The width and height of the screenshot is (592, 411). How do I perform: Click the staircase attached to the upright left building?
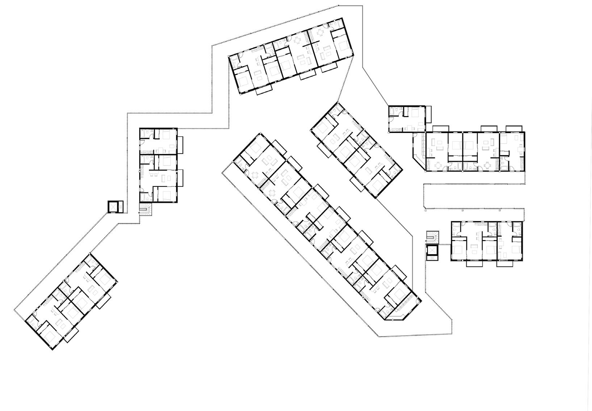[x=147, y=209]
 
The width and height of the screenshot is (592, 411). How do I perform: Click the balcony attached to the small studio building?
[x=428, y=114]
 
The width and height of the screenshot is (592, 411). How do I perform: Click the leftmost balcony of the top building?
[x=264, y=91]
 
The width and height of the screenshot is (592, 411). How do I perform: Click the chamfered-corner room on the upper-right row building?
[x=419, y=151]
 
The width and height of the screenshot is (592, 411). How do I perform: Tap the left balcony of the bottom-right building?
[x=475, y=264]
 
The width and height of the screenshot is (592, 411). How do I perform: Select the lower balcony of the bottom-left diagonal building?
[x=71, y=335]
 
